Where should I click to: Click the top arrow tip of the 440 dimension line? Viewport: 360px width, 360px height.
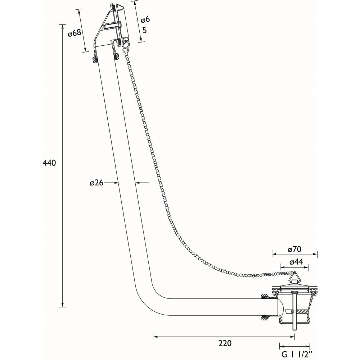(62, 24)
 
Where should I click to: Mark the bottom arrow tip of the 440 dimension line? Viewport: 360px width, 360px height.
(62, 307)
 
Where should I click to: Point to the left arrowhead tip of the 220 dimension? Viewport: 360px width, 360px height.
(153, 337)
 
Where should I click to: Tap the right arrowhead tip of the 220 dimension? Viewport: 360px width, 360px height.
(294, 337)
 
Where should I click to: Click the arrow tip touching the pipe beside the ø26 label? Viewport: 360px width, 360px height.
(118, 183)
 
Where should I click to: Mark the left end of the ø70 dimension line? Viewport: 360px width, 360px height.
(272, 254)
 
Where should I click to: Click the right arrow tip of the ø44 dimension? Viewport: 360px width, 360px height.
(309, 267)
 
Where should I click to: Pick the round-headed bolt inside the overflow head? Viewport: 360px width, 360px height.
(113, 25)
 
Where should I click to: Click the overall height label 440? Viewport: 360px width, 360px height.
(49, 163)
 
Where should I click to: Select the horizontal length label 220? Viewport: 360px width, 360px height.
(225, 343)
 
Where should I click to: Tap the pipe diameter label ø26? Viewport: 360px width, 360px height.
(96, 183)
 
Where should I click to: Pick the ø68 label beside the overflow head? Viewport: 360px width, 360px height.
(75, 33)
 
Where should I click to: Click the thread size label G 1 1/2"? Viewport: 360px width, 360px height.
(298, 354)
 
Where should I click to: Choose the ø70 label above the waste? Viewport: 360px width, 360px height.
(294, 249)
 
